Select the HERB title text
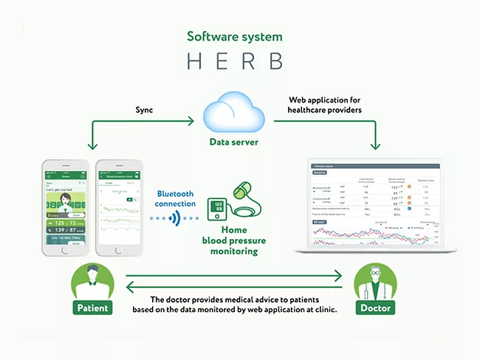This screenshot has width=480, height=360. (x=234, y=61)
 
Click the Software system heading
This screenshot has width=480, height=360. (x=234, y=36)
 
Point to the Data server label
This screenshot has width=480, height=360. (x=235, y=141)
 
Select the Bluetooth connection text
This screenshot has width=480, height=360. (x=175, y=198)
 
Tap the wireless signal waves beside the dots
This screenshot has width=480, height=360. (x=174, y=219)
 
